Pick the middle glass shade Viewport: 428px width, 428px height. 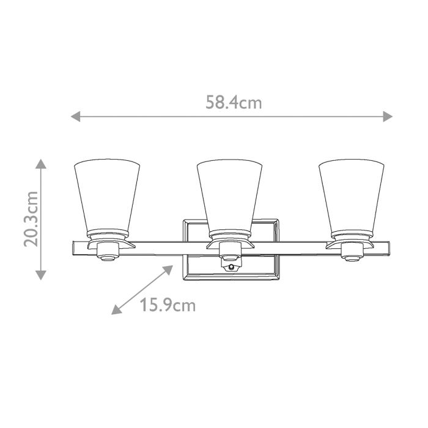tap(229, 196)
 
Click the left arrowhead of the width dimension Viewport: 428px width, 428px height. tap(75, 116)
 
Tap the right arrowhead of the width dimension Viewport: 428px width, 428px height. tap(388, 116)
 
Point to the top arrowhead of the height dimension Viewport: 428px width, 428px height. tap(40, 163)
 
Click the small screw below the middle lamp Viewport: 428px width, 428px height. tap(231, 267)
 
